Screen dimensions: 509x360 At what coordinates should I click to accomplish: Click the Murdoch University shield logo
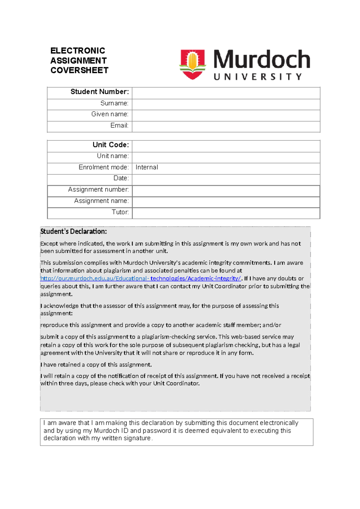pos(193,64)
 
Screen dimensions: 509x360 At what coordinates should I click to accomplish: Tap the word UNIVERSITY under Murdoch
pos(258,77)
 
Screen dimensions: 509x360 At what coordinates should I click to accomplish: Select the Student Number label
pos(100,92)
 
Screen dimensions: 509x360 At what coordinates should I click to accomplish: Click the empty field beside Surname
pos(226,104)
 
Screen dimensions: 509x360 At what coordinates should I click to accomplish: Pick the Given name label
pos(110,114)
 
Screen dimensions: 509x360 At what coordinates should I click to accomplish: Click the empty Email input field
pos(226,126)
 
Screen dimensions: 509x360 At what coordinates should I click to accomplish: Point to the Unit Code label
pos(111,145)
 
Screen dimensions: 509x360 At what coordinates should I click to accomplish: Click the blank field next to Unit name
pos(226,157)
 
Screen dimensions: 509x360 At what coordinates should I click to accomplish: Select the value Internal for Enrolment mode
pos(147,167)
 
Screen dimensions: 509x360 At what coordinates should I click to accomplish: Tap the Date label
pos(121,178)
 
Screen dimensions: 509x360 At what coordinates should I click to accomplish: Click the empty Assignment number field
pos(226,190)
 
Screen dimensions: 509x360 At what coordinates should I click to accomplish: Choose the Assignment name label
pos(101,201)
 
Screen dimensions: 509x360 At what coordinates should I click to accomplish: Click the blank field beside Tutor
pos(226,213)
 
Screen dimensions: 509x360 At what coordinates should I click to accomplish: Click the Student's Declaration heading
pos(73,231)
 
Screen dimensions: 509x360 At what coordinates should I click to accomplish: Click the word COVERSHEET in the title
pos(79,70)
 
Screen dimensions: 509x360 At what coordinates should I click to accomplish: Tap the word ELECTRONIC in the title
pos(78,50)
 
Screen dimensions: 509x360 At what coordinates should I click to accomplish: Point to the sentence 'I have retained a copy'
pos(96,365)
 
